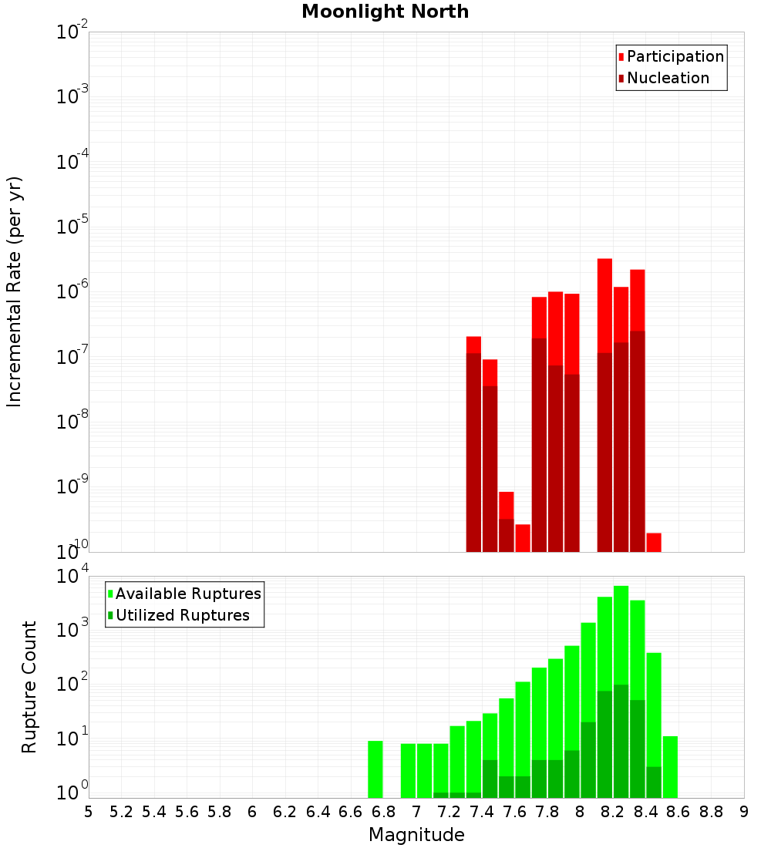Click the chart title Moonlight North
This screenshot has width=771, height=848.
click(385, 12)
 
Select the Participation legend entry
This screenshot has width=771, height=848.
click(675, 56)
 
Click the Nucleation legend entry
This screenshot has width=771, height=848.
click(668, 78)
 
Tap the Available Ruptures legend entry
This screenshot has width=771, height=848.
click(188, 594)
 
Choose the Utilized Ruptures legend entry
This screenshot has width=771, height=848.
click(183, 615)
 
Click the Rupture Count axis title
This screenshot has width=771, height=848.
click(29, 687)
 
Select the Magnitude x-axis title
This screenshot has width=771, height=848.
click(416, 835)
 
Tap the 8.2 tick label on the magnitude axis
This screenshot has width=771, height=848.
click(613, 812)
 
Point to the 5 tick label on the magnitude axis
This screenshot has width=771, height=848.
click(89, 812)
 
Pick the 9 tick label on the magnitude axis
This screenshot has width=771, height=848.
click(744, 812)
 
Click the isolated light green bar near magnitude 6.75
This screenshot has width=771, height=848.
click(375, 769)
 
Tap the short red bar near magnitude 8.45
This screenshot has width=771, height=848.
click(654, 542)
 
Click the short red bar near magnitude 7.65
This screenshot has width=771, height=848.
click(523, 538)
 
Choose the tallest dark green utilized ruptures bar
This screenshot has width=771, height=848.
click(621, 740)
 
